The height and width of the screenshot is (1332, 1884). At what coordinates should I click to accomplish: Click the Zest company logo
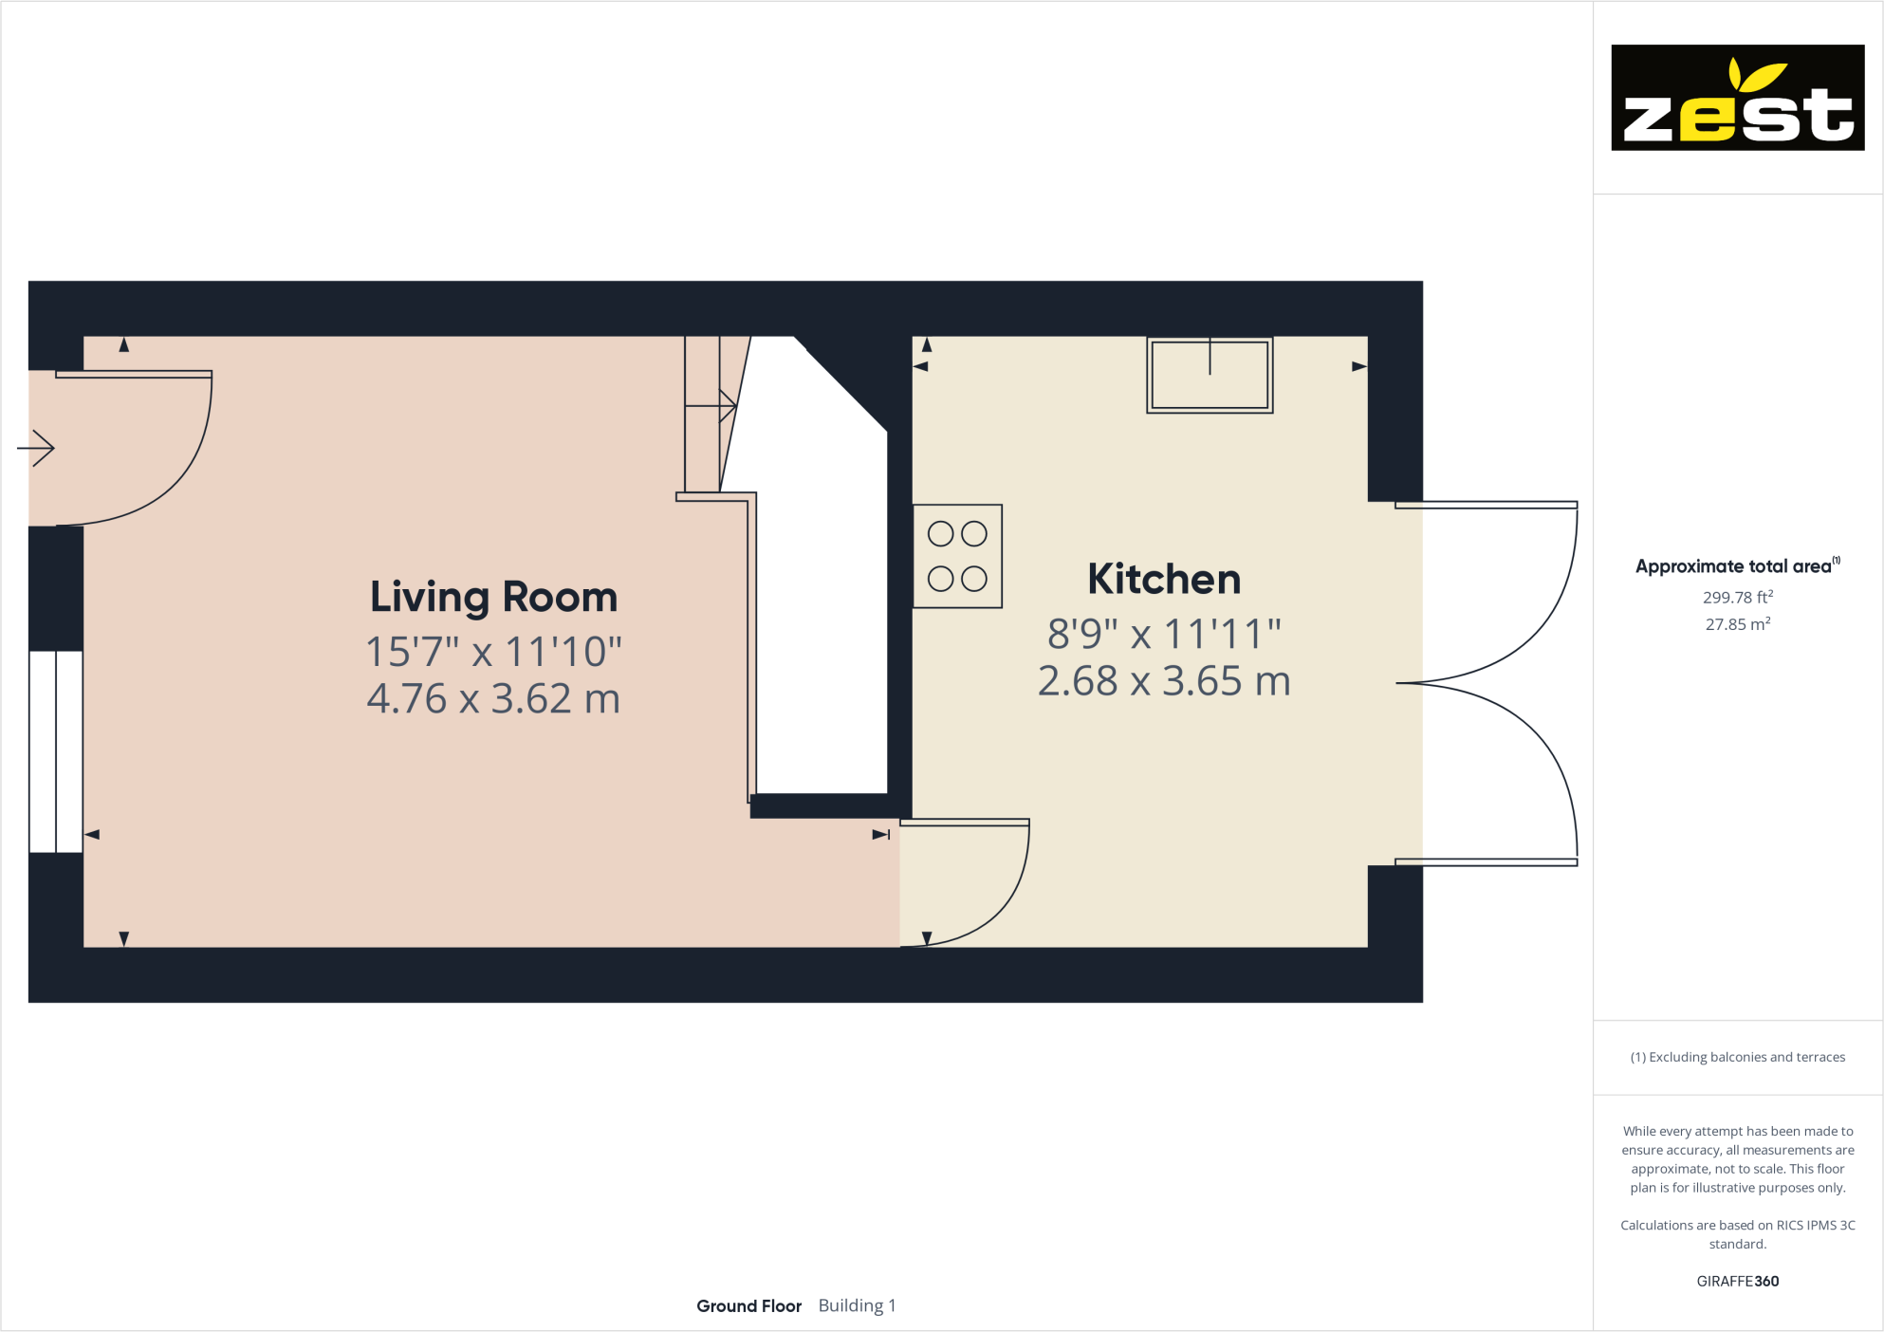click(1737, 98)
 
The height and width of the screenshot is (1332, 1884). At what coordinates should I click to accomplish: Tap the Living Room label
click(493, 598)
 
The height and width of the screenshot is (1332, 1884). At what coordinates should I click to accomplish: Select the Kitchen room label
click(1164, 580)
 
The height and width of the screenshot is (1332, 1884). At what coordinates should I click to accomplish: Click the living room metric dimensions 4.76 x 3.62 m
click(493, 699)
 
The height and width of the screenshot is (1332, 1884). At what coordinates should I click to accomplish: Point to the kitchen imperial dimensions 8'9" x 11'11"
click(1164, 634)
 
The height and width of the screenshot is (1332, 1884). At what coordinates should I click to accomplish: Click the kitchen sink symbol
click(1210, 375)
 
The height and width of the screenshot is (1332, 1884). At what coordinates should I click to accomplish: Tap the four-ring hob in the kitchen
click(957, 556)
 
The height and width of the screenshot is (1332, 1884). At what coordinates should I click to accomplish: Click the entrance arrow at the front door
click(36, 448)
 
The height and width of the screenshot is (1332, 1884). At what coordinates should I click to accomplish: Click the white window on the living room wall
click(56, 751)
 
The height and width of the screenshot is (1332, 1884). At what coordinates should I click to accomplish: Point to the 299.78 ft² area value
click(1737, 598)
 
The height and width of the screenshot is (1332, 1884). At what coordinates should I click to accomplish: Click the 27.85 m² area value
click(1737, 624)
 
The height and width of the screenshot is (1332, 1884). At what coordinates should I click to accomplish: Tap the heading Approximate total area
click(1733, 566)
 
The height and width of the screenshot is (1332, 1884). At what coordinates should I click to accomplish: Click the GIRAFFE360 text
click(1737, 1281)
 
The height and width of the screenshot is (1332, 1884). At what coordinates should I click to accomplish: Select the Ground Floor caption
click(748, 1306)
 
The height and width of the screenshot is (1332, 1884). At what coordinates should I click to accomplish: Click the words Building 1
click(857, 1306)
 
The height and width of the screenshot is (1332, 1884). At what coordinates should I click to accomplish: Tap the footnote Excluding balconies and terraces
click(1737, 1057)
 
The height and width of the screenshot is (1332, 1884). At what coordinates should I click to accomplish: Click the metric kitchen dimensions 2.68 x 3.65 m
click(1164, 681)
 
